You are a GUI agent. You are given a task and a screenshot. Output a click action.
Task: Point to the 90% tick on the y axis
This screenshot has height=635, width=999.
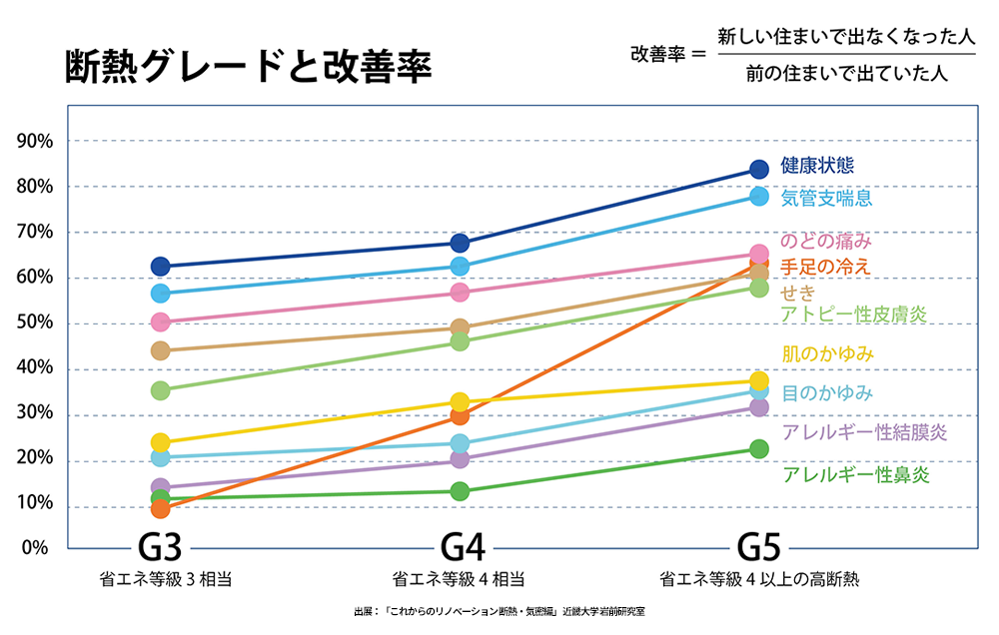tap(36, 141)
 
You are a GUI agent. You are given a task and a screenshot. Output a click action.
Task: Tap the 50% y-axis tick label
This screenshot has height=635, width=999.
tap(36, 323)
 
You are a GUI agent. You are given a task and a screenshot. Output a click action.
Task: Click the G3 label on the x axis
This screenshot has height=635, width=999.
tap(160, 548)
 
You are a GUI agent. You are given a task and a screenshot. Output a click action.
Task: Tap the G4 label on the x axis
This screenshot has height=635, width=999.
tap(463, 548)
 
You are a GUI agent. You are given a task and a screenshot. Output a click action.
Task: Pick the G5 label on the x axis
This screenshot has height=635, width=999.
tap(758, 548)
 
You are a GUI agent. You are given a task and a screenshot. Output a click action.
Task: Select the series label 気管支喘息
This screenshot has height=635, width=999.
tap(826, 198)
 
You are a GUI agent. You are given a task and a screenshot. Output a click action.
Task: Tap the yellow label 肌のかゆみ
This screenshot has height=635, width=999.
tap(828, 353)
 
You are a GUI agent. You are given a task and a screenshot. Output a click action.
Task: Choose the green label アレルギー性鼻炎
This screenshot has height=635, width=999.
tap(856, 474)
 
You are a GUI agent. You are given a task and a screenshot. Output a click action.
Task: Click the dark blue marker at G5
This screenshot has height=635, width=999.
tap(758, 170)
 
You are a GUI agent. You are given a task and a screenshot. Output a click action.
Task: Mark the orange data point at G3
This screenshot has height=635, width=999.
tap(160, 509)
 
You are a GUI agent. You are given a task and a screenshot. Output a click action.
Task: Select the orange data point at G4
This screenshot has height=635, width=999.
tap(460, 415)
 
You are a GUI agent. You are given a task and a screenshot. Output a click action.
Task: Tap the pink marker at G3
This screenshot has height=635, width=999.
tap(160, 321)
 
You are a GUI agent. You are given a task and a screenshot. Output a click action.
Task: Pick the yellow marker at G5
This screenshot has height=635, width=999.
tap(758, 380)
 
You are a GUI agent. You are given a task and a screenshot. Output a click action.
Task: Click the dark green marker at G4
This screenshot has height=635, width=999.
tap(460, 491)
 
